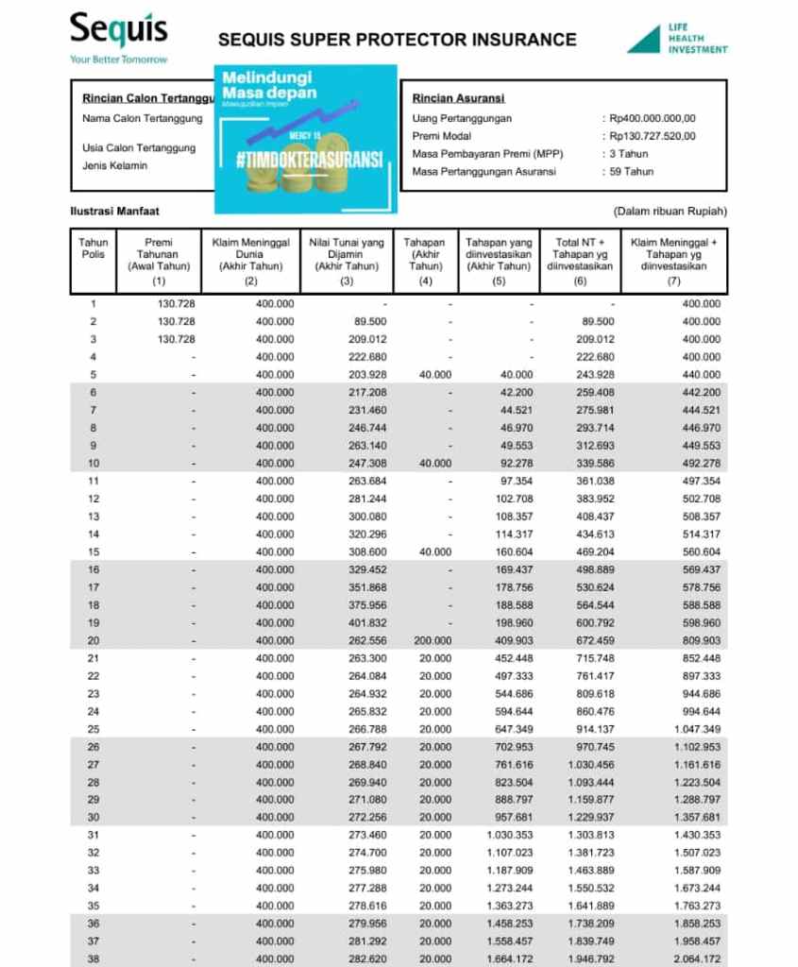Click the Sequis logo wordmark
(x=118, y=30)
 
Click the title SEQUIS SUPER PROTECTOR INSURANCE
(x=397, y=40)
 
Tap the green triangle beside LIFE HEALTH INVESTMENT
(x=644, y=40)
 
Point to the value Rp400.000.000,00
(x=653, y=118)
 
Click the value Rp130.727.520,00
(x=653, y=136)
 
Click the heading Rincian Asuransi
(x=458, y=98)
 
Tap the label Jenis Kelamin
(x=114, y=166)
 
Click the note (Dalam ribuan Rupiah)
(x=670, y=212)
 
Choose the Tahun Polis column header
(x=93, y=248)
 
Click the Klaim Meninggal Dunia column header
(x=250, y=254)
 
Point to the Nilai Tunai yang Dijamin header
(x=347, y=254)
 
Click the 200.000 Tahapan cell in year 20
(x=433, y=640)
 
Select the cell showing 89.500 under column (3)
(x=369, y=322)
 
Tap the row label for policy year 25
(x=93, y=729)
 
